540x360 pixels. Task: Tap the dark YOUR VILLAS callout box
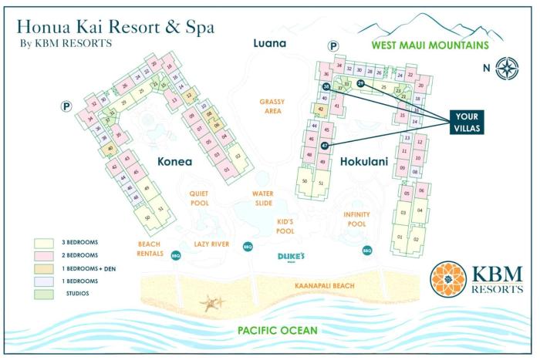[467, 122]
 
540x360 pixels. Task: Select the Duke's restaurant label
[292, 257]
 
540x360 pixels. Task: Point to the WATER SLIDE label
[263, 199]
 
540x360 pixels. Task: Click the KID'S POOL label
[285, 227]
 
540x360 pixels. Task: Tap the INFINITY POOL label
[356, 219]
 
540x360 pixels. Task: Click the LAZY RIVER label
[212, 244]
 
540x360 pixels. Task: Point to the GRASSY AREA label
[272, 106]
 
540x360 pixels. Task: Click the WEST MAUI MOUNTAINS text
[430, 45]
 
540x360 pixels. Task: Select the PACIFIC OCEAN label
[267, 331]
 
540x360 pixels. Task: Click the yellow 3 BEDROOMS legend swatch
[43, 241]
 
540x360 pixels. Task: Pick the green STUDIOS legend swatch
[43, 294]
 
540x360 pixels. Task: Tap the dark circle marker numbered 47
[325, 145]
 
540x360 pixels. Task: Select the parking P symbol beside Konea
[66, 106]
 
